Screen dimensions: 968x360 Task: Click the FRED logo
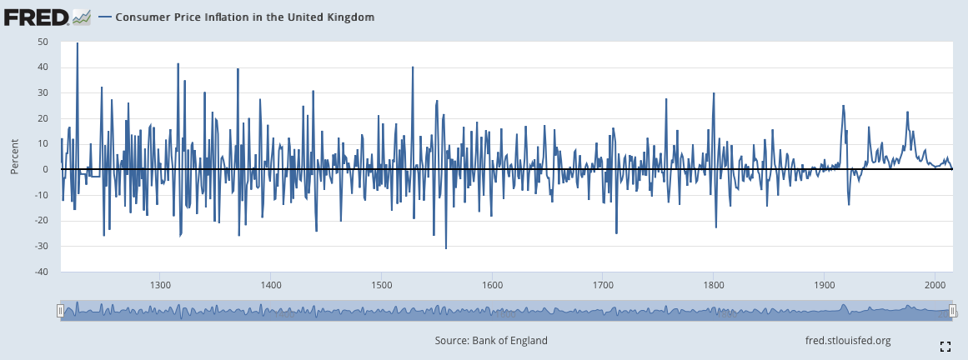pyautogui.click(x=37, y=17)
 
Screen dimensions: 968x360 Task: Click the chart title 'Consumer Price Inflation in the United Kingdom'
pyautogui.click(x=244, y=17)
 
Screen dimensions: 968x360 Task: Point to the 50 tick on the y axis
pyautogui.click(x=43, y=42)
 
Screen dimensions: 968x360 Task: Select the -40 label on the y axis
pyautogui.click(x=41, y=272)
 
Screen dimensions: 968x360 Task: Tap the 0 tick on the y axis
pyautogui.click(x=47, y=169)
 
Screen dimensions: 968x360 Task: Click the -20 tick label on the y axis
pyautogui.click(x=41, y=221)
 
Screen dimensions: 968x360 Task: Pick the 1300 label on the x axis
pyautogui.click(x=160, y=285)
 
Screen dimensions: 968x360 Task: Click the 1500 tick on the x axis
pyautogui.click(x=381, y=285)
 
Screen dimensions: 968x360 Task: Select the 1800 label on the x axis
pyautogui.click(x=713, y=285)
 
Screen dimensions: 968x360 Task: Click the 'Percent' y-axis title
pyautogui.click(x=14, y=157)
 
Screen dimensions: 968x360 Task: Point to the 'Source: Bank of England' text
pyautogui.click(x=491, y=340)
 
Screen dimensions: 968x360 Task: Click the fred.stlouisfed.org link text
pyautogui.click(x=848, y=340)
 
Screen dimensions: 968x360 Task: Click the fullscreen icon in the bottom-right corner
pyautogui.click(x=945, y=346)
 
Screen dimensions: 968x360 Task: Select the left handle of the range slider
pyautogui.click(x=61, y=310)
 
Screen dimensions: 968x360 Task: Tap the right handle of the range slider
pyautogui.click(x=952, y=310)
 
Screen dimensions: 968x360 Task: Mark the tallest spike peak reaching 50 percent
pyautogui.click(x=78, y=42)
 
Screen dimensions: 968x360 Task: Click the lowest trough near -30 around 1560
pyautogui.click(x=446, y=248)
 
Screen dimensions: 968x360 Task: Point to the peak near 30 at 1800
pyautogui.click(x=714, y=93)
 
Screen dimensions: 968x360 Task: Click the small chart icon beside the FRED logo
pyautogui.click(x=82, y=17)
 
